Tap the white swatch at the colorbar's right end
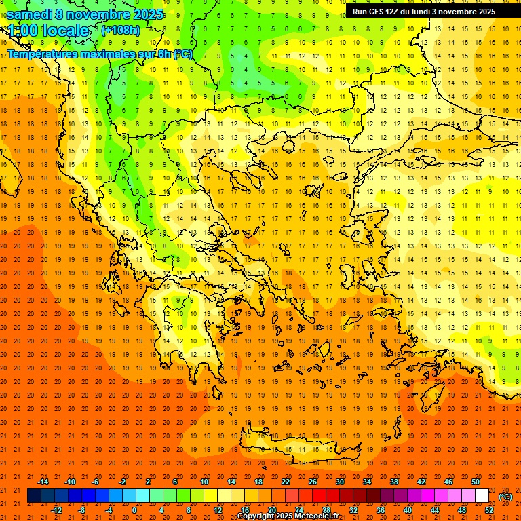pyautogui.click(x=482, y=496)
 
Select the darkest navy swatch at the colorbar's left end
pyautogui.click(x=34, y=496)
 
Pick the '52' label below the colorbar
pyautogui.click(x=490, y=509)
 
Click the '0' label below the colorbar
pyautogui.click(x=134, y=509)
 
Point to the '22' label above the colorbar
pyautogui.click(x=286, y=482)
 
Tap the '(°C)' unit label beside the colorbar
pyautogui.click(x=505, y=497)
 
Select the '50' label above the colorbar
pyautogui.click(x=476, y=482)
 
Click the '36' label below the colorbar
pyautogui.click(x=381, y=509)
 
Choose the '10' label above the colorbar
pyautogui.click(x=204, y=482)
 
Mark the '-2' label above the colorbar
pyautogui.click(x=123, y=482)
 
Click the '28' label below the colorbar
pyautogui.click(x=326, y=509)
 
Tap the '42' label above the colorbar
pyautogui.click(x=421, y=482)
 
